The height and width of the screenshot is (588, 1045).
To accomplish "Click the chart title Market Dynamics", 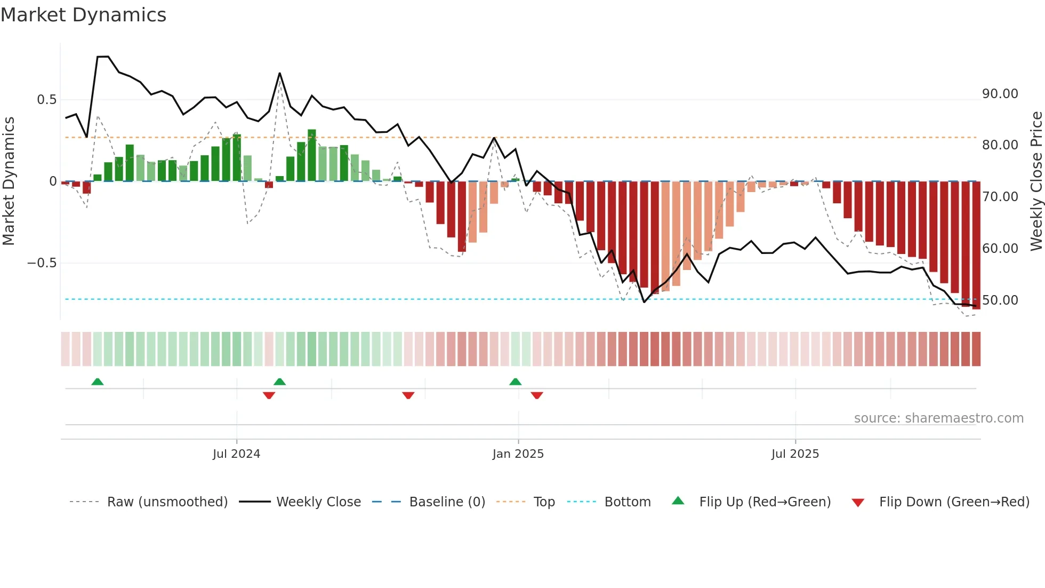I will [83, 15].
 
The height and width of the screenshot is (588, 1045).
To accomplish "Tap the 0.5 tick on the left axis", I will [46, 100].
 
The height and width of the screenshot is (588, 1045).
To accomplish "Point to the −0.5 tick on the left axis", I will [42, 263].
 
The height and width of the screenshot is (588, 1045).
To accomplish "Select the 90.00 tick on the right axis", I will [1000, 94].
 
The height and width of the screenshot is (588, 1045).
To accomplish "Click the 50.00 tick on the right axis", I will [1000, 300].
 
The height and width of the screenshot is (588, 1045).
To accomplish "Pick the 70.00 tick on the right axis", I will [1000, 197].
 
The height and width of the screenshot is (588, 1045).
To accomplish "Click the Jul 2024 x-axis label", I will [236, 454].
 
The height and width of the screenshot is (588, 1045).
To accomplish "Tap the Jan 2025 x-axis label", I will [518, 454].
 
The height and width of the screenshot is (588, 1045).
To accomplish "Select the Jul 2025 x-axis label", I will [794, 454].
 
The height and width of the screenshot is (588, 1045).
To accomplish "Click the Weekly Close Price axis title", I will [1036, 181].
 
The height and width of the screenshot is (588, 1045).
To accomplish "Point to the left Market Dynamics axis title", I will [9, 181].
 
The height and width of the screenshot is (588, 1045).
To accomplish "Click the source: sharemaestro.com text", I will [938, 418].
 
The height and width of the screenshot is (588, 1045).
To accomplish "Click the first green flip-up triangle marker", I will [97, 382].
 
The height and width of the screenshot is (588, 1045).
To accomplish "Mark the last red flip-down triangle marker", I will [537, 395].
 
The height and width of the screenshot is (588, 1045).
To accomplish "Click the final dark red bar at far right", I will [976, 245].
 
